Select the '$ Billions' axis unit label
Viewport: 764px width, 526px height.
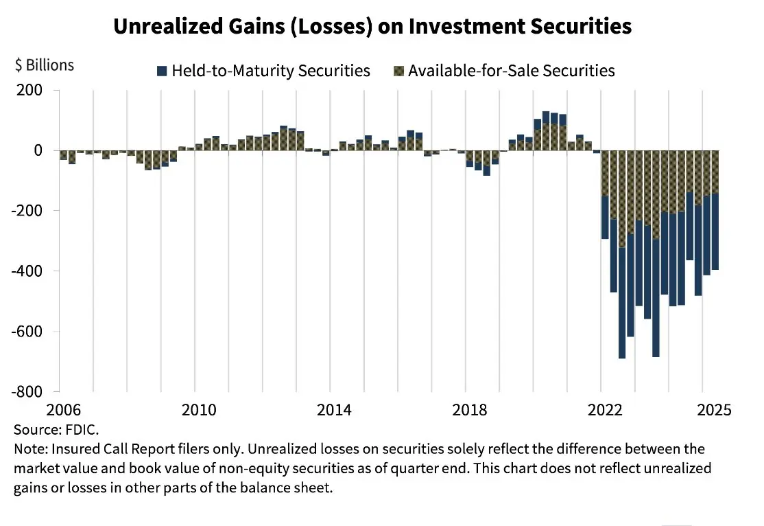pos(44,65)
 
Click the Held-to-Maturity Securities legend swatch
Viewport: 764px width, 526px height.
pos(162,71)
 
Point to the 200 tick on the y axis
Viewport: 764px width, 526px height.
pos(30,90)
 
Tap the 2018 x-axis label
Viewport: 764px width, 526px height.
pos(470,410)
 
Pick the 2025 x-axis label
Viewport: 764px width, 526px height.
pos(713,410)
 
